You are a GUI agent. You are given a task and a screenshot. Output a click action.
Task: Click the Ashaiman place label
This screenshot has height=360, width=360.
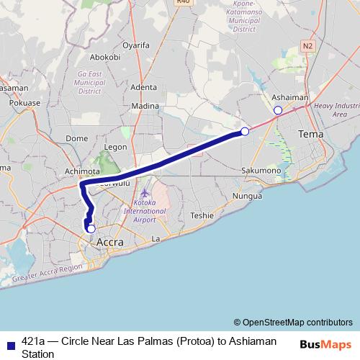click(x=290, y=97)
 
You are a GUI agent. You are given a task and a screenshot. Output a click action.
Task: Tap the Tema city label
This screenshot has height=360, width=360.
click(x=311, y=135)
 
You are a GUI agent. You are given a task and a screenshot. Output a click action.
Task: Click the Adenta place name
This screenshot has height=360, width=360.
click(x=144, y=87)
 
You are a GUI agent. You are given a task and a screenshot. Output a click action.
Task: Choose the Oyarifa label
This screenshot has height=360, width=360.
click(x=136, y=44)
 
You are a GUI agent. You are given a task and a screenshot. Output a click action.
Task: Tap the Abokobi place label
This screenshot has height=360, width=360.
click(x=105, y=57)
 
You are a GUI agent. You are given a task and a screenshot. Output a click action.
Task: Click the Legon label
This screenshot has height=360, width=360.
click(x=115, y=147)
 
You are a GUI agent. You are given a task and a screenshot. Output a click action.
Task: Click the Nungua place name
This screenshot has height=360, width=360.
click(x=247, y=196)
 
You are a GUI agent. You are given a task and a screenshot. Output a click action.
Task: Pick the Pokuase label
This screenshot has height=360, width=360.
click(x=25, y=103)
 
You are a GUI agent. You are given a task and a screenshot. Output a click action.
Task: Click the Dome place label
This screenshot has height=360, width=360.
click(x=76, y=138)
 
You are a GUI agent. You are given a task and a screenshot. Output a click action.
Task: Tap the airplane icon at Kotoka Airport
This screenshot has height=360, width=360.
click(x=145, y=193)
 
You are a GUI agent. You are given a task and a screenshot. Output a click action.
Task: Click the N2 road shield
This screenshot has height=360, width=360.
click(x=308, y=45)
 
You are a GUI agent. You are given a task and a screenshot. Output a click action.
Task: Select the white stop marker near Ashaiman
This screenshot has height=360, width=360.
click(x=278, y=110)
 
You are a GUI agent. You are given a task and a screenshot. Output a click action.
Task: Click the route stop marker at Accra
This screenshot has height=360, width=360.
click(x=91, y=229)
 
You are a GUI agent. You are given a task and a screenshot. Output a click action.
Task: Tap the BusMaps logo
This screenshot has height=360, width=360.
click(x=325, y=344)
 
